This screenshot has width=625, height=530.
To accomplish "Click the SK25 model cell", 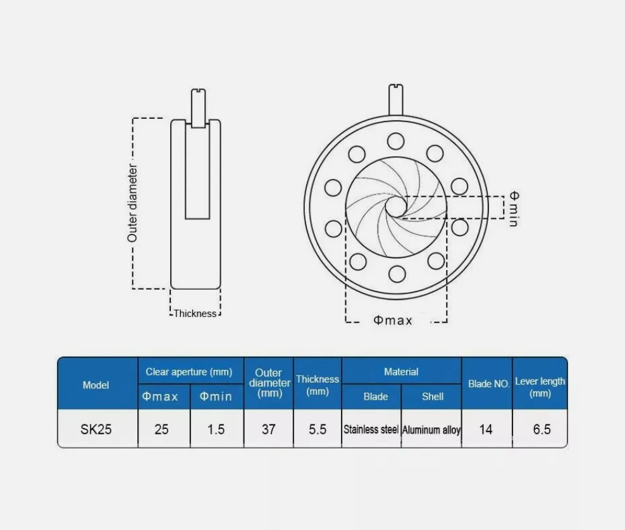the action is pyautogui.click(x=96, y=429).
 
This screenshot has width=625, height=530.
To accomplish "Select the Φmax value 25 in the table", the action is pyautogui.click(x=161, y=429).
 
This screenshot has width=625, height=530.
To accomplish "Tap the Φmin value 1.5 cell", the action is pyautogui.click(x=216, y=429).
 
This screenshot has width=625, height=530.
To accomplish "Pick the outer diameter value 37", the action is pyautogui.click(x=269, y=429).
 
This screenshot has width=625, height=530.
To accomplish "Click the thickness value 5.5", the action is pyautogui.click(x=318, y=429).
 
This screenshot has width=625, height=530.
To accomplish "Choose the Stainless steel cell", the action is pyautogui.click(x=371, y=429).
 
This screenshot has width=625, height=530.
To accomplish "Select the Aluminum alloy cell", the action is pyautogui.click(x=431, y=430).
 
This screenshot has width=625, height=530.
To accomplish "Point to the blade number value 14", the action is pyautogui.click(x=486, y=429).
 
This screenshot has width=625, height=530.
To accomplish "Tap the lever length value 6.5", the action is pyautogui.click(x=541, y=429).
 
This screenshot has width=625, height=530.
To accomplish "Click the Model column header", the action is pyautogui.click(x=96, y=385).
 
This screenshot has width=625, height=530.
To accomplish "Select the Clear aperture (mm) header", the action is pyautogui.click(x=189, y=372).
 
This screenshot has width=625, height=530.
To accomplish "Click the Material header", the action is pyautogui.click(x=402, y=372).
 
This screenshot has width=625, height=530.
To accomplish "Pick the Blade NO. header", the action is pyautogui.click(x=489, y=384).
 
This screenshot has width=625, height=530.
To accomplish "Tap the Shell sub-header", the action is pyautogui.click(x=433, y=397).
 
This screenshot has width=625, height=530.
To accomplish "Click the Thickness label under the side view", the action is pyautogui.click(x=195, y=314).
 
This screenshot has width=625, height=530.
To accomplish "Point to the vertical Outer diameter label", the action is pyautogui.click(x=132, y=203).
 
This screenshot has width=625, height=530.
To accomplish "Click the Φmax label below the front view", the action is pyautogui.click(x=393, y=321).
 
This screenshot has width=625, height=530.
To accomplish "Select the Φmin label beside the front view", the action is pyautogui.click(x=514, y=209).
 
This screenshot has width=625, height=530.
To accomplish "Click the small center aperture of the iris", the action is pyautogui.click(x=395, y=206).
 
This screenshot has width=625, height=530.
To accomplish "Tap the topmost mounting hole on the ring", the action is pyautogui.click(x=396, y=141).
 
